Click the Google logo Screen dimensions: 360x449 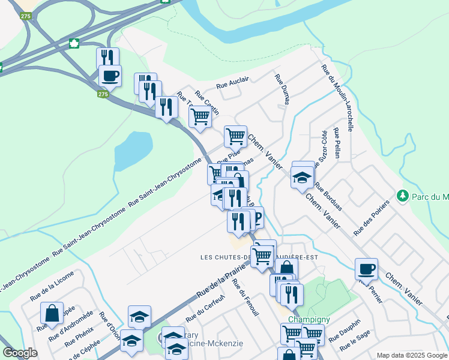point(20,353)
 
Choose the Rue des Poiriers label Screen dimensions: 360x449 point(372,217)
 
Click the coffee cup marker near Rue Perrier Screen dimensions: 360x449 point(366,268)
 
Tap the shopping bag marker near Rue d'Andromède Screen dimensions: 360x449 point(52,312)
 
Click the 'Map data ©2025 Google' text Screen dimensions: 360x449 point(411,355)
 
